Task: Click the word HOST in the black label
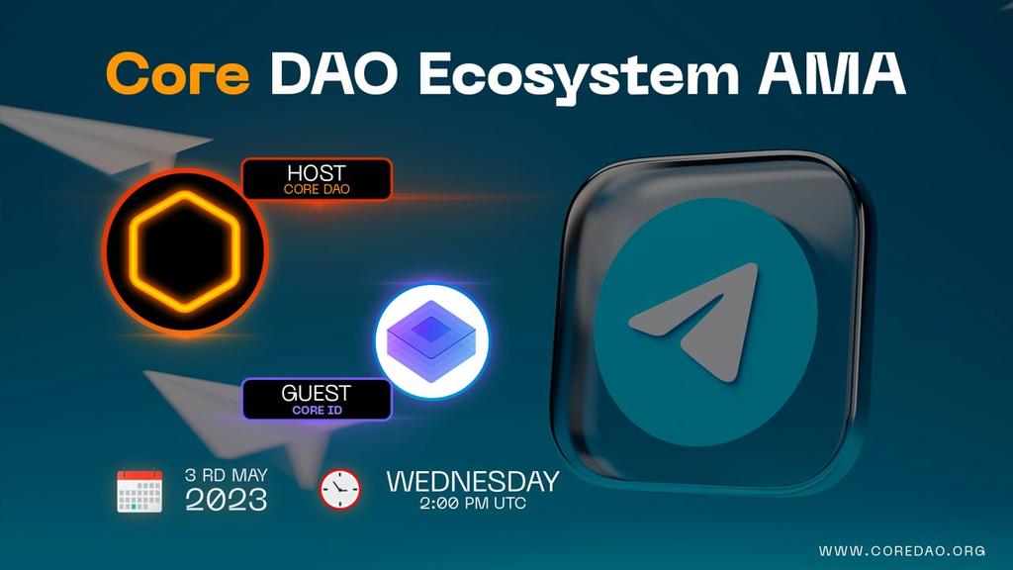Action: [x=317, y=173]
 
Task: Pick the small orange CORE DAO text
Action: [x=317, y=189]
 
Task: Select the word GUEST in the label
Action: [x=316, y=393]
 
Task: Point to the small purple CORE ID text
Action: [x=316, y=409]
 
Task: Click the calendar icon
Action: [x=139, y=490]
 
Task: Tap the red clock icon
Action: [x=339, y=489]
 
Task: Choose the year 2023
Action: [x=227, y=500]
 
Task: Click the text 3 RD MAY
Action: [x=227, y=476]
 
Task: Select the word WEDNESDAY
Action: [x=472, y=482]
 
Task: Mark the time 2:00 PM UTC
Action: [x=472, y=504]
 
